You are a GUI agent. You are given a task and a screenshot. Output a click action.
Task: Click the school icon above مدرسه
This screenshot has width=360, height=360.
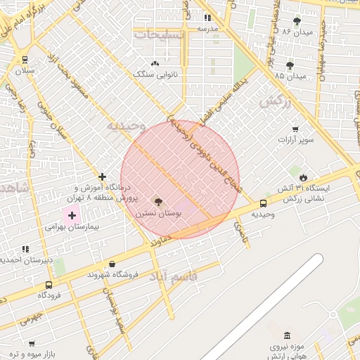pos(207,18)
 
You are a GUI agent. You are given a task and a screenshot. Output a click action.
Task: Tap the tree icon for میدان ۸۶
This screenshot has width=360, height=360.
pos(297,20)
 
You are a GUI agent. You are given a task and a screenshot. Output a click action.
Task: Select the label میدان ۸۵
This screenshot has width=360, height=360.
pos(291,76)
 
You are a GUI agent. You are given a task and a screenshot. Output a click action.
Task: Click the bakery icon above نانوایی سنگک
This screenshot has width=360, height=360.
pos(154,63)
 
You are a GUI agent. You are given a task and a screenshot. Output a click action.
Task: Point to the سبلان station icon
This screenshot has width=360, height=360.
pos(25,60)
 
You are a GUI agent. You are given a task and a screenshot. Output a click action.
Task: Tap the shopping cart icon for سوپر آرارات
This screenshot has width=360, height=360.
pos(295,129)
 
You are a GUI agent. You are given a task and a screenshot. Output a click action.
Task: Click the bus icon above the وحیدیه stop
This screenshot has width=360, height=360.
pos(263,203)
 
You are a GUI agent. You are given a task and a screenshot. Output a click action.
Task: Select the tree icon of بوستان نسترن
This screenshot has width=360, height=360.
pos(157,201)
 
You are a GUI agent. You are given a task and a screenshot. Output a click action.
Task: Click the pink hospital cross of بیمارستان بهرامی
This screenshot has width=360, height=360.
pos(72,214)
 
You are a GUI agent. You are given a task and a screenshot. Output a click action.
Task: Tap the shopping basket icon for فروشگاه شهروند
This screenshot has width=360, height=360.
pos(112,264)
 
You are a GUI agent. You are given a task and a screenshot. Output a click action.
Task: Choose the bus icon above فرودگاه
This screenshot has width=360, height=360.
pos(49,285)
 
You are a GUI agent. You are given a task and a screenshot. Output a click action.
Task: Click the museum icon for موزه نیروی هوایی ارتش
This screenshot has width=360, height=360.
pos(286,335)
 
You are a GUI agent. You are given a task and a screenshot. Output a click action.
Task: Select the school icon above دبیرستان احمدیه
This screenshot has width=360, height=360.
pos(25,249)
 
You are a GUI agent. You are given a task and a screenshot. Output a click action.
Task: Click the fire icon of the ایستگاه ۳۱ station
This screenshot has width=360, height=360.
pos(303,178)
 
